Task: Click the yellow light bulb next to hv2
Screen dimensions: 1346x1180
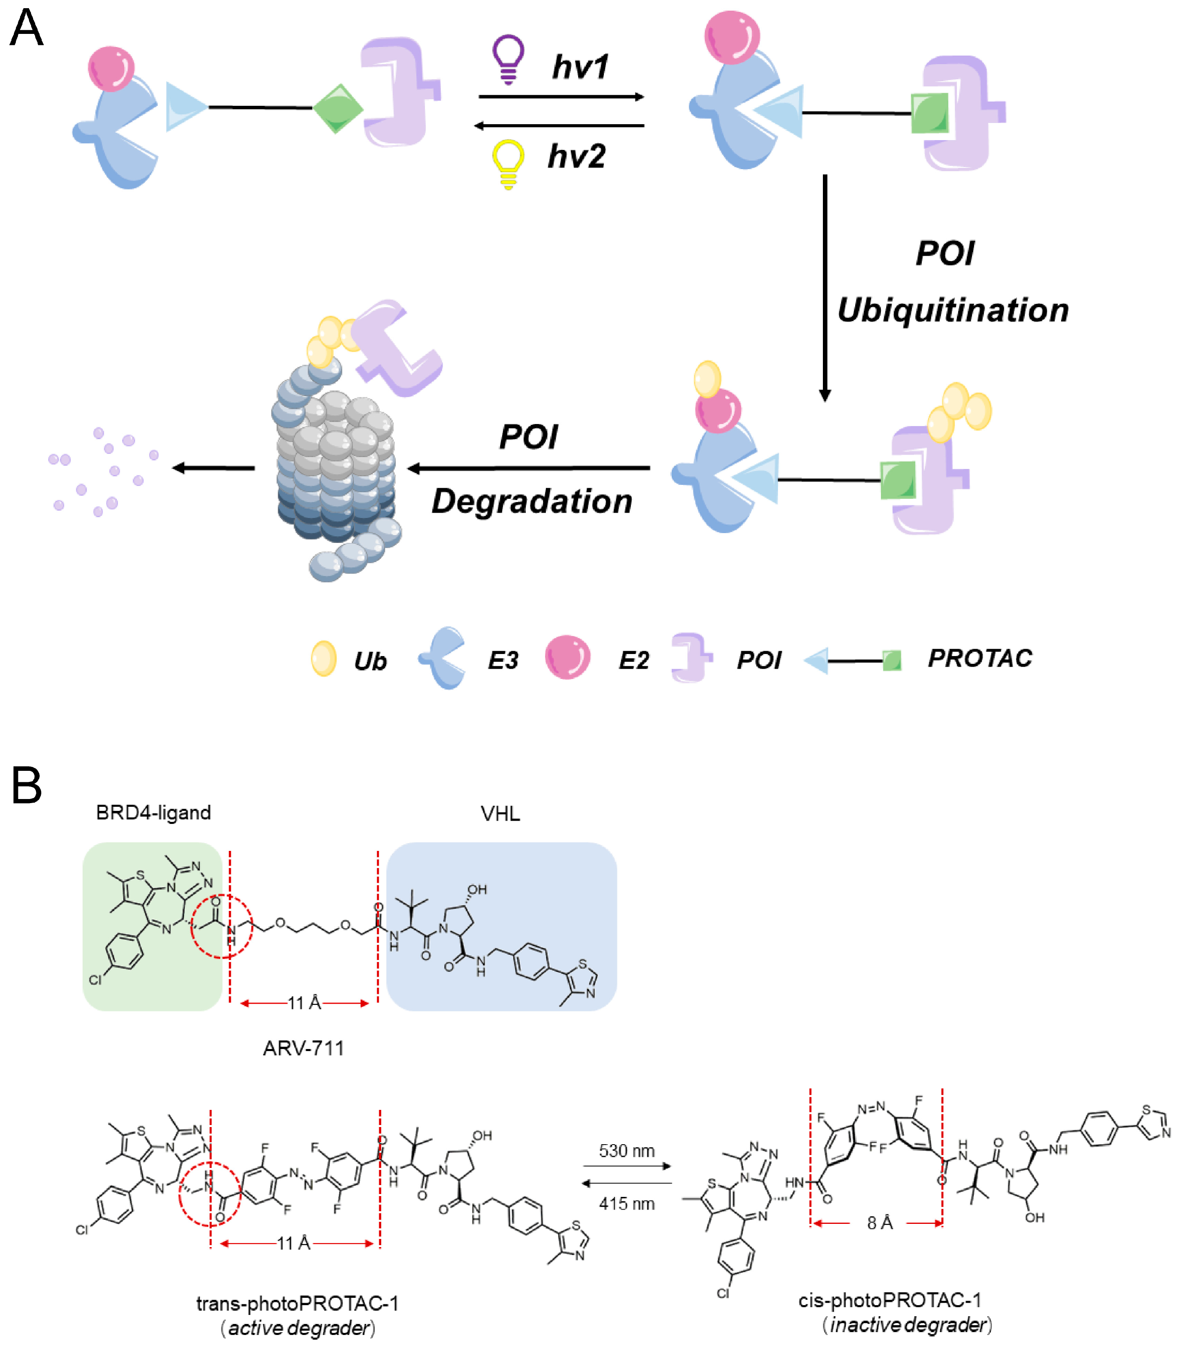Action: tap(508, 163)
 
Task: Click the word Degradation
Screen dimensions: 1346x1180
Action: tap(532, 502)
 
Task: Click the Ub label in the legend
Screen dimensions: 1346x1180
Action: tap(370, 661)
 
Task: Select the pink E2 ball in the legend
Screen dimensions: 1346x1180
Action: tap(567, 657)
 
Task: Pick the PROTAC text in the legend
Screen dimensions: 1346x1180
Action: tap(980, 658)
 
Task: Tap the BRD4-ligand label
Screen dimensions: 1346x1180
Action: tap(154, 813)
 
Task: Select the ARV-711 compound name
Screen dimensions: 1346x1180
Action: tap(304, 1048)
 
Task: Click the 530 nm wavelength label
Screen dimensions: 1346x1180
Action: tap(626, 1150)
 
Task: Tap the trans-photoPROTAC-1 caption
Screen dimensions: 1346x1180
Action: tap(297, 1303)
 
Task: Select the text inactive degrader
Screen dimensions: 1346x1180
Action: tap(907, 1324)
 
